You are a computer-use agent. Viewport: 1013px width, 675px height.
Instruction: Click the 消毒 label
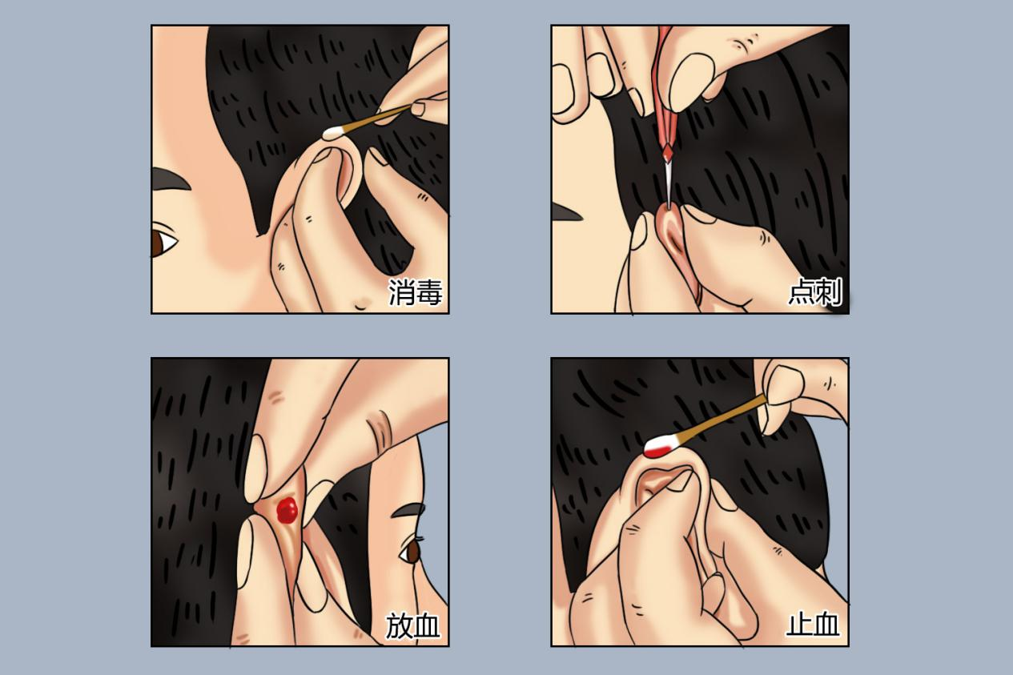coord(415,292)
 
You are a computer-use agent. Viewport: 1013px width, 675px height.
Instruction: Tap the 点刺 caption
coord(815,292)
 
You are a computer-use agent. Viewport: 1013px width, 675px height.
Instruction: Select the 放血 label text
coord(412,625)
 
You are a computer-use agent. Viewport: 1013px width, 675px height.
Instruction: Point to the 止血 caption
coord(813,625)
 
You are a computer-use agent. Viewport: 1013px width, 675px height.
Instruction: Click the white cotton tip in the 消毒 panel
coord(334,132)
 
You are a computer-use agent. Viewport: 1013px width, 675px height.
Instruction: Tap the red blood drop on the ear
coord(287,509)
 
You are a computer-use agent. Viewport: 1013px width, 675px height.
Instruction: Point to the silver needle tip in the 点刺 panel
coord(668,186)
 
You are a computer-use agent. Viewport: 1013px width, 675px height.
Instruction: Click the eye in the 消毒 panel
coord(163,243)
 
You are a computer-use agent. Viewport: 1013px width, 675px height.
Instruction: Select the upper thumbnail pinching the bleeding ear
coord(255,467)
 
